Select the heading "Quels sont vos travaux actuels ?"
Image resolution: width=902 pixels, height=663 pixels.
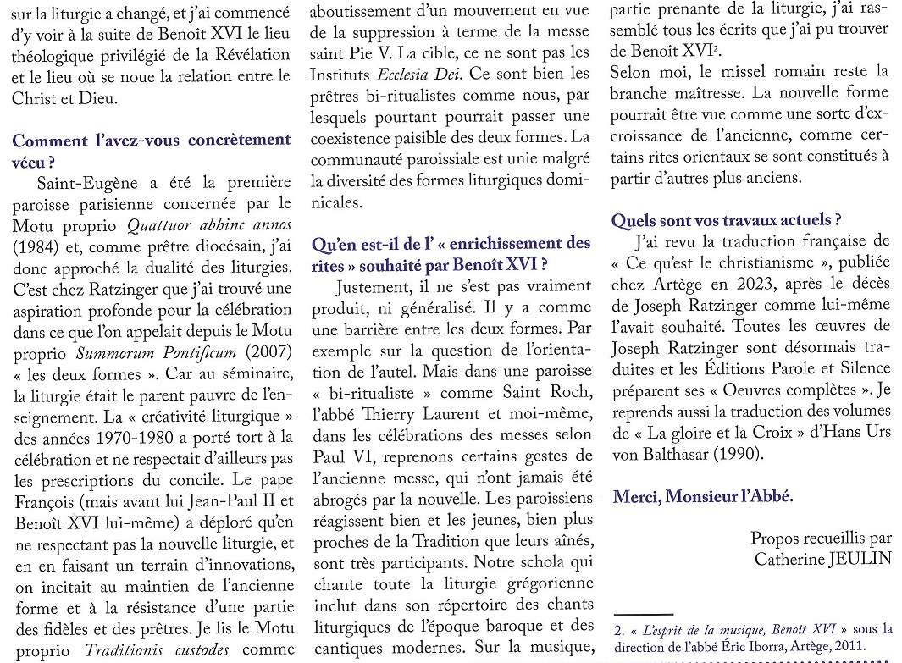pos(726,220)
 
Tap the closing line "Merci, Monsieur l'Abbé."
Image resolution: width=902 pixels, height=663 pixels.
pos(703,496)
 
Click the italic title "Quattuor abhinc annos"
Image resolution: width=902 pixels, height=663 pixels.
pos(208,225)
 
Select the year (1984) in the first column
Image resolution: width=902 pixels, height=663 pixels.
pos(33,246)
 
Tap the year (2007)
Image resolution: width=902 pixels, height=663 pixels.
pos(265,352)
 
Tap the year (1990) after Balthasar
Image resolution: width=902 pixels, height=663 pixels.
pos(736,453)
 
